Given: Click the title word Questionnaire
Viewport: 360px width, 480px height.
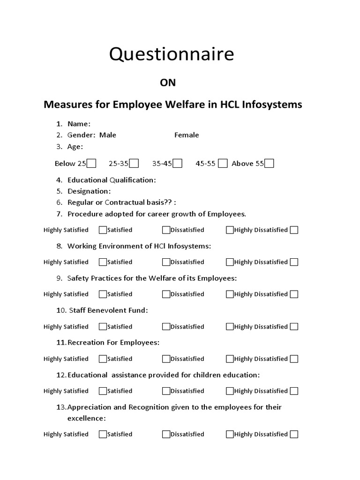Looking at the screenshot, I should pyautogui.click(x=171, y=55).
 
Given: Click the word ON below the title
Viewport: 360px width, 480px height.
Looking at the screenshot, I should pyautogui.click(x=168, y=83).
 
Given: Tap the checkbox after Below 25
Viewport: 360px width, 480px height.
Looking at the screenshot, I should pyautogui.click(x=92, y=163).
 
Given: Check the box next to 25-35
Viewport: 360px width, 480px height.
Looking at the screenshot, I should pyautogui.click(x=134, y=163).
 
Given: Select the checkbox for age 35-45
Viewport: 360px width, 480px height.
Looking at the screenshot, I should pyautogui.click(x=178, y=163).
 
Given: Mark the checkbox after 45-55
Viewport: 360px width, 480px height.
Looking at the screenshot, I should pyautogui.click(x=223, y=163).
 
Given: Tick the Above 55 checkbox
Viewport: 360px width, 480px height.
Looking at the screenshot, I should pyautogui.click(x=269, y=163).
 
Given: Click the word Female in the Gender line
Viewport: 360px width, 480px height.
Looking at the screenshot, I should pyautogui.click(x=187, y=135).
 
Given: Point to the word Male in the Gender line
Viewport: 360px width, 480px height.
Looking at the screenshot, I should pyautogui.click(x=108, y=135).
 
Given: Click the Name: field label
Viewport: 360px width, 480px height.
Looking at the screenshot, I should pyautogui.click(x=79, y=124).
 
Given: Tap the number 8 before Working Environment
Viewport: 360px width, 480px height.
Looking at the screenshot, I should pyautogui.click(x=60, y=246).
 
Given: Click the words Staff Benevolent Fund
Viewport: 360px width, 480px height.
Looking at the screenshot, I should pyautogui.click(x=107, y=310).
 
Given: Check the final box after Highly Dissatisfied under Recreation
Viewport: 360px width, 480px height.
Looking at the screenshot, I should pyautogui.click(x=294, y=359).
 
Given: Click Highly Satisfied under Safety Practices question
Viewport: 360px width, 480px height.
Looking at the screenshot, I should pyautogui.click(x=66, y=294).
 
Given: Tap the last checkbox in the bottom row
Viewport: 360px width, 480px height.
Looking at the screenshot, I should pyautogui.click(x=294, y=435).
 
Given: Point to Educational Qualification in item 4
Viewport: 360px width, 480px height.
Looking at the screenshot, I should pyautogui.click(x=111, y=180).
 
